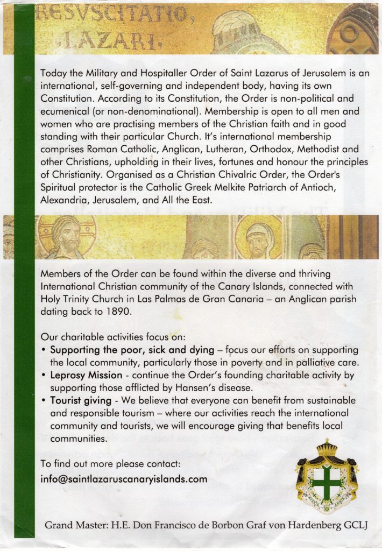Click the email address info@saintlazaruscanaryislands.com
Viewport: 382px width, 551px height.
124,479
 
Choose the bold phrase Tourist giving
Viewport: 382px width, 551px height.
81,400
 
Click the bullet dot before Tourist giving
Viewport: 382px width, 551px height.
44,400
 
